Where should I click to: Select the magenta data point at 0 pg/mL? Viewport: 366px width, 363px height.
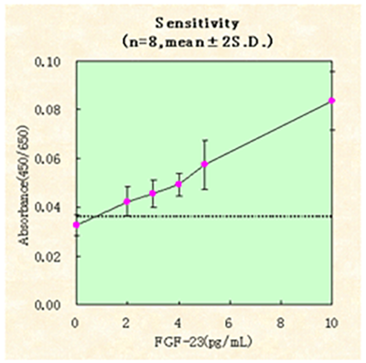(76, 224)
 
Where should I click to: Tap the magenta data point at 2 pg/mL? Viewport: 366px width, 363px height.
(127, 201)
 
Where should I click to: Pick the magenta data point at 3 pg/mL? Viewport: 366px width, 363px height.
(153, 193)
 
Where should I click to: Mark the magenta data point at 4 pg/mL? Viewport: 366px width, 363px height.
(178, 184)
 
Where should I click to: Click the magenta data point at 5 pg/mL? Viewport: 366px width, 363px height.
(205, 165)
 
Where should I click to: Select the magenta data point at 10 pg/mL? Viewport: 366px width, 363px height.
(332, 101)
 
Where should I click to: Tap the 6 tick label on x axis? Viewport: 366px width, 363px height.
(230, 322)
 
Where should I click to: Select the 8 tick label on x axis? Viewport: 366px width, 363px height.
(281, 322)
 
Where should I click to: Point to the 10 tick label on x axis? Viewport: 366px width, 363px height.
(331, 322)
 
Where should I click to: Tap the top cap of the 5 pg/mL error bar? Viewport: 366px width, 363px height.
(205, 141)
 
